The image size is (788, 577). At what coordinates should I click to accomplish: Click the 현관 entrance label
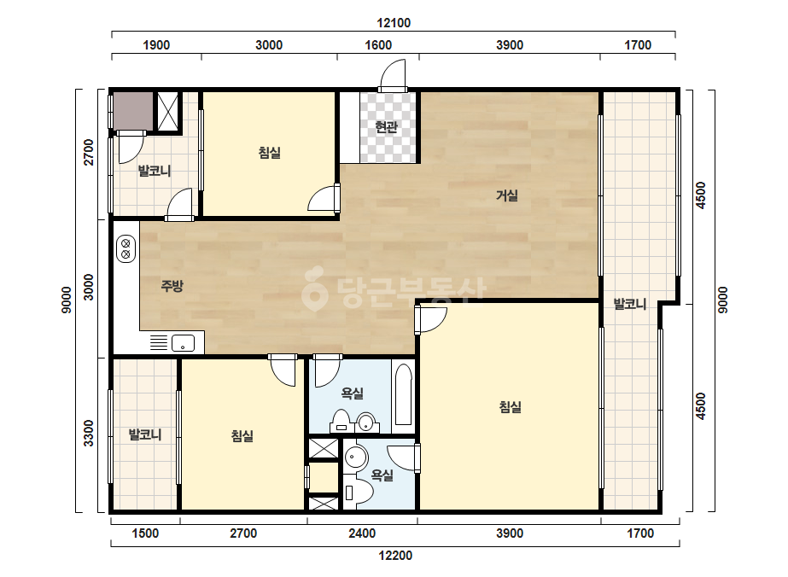pos(387,127)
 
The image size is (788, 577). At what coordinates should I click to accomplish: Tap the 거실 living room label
pos(506,195)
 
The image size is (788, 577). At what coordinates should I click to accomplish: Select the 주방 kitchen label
pos(172,286)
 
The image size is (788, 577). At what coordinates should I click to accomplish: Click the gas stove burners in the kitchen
pos(125,248)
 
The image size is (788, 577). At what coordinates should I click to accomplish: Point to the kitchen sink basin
pos(183,343)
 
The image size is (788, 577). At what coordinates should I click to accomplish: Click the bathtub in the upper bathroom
pos(403,395)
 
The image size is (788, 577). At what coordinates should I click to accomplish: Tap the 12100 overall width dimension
pos(394,22)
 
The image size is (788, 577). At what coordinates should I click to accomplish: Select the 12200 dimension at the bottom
pos(395,556)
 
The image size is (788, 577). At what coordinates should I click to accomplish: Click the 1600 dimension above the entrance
pos(378,44)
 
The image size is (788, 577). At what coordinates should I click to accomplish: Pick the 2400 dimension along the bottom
pos(362,533)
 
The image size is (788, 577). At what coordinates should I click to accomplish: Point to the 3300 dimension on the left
pos(89,433)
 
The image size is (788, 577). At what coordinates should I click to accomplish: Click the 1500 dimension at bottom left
pos(145,533)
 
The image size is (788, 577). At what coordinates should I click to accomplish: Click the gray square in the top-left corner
pos(132,111)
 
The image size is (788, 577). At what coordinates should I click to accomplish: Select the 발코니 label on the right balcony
pos(630,304)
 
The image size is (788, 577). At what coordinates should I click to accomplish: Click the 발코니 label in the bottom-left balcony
pos(145,434)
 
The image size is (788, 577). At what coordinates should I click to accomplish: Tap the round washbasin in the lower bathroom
pos(356,458)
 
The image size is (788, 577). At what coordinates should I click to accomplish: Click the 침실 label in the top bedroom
pos(270,152)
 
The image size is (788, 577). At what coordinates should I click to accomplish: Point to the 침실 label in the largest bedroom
pos(510,406)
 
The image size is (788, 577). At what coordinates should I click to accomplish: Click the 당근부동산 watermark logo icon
pos(315,288)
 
